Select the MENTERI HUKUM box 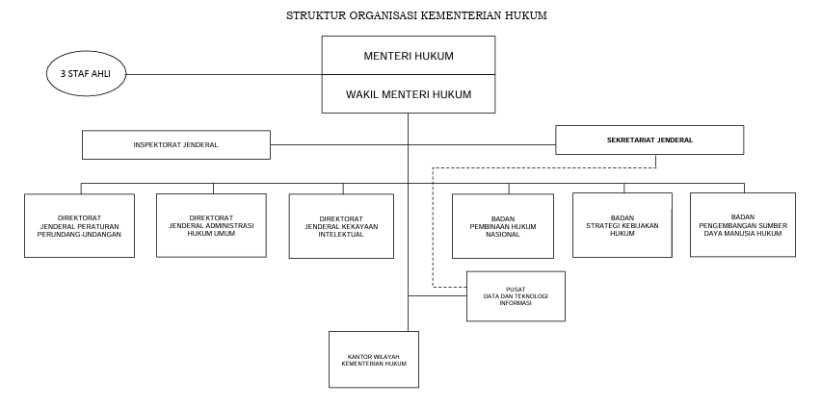click(408, 56)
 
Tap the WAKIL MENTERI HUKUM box click(408, 93)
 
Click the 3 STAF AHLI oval click(85, 74)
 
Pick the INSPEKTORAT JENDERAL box click(175, 144)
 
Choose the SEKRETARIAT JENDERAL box click(649, 140)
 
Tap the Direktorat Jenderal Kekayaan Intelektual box click(341, 226)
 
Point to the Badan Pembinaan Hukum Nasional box click(502, 226)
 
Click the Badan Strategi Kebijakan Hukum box click(622, 225)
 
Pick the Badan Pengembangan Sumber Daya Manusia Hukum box click(742, 225)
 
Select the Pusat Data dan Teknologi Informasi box click(515, 295)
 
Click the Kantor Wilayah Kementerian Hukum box click(374, 360)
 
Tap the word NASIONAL click(502, 234)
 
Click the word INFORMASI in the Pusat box click(515, 303)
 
